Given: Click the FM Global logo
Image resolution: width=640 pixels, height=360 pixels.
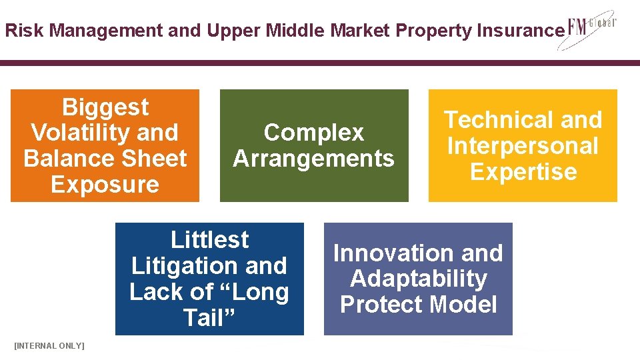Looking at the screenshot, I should coord(591,30).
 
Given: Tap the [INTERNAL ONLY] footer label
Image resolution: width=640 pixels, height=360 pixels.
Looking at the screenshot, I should coord(49,345).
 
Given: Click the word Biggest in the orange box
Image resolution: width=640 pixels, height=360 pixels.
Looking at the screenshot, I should coord(105,107).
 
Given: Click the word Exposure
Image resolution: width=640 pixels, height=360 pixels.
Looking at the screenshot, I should coord(105,185).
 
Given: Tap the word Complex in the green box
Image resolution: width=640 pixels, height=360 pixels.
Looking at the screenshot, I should coord(313,133).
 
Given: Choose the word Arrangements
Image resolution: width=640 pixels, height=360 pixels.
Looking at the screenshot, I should coord(313,159).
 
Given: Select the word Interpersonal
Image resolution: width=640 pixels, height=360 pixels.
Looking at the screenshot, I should coord(523,146).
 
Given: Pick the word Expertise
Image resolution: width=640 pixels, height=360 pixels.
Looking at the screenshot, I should coord(523,171).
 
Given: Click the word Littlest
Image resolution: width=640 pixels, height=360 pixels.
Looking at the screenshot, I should coord(209,239).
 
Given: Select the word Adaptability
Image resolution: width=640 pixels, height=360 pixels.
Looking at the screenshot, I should coord(418,279).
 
